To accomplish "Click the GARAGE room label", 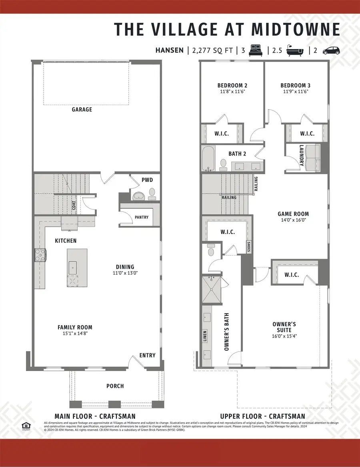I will point(82,109).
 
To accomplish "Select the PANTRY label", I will point(142,218).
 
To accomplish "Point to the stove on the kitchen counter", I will point(40,255).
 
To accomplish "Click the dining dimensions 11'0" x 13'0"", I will point(125,273).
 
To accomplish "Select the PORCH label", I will point(115,386).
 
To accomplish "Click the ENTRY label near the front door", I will point(147,355).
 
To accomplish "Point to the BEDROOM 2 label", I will point(232,85).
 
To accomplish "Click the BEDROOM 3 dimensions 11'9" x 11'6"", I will point(295,92).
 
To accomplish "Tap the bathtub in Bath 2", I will point(208,159).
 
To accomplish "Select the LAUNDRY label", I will point(302,156).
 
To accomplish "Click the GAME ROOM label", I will point(293,214).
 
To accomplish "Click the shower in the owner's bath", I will point(212,290).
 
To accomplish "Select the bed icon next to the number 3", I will point(256,50).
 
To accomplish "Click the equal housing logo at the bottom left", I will point(26,427).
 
